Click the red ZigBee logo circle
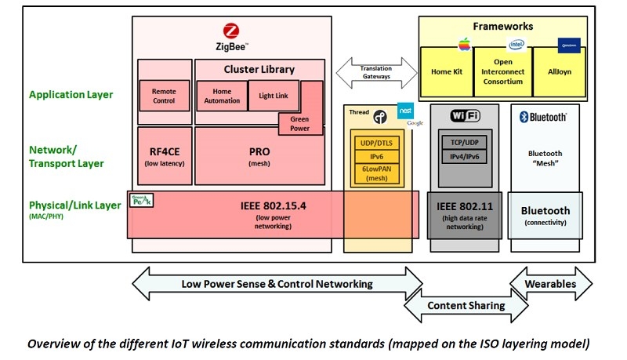pos(230,32)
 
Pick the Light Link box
pos(273,95)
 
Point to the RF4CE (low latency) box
pos(165,155)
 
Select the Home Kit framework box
pos(447,71)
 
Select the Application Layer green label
pos(71,95)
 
